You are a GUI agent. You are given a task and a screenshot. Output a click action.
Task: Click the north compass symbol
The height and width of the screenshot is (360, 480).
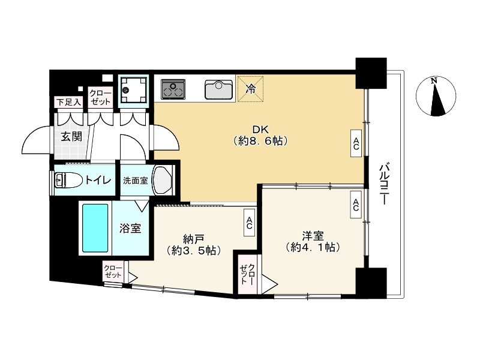pos(436,96)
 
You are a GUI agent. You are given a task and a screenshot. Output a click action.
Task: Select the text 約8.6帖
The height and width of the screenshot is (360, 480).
pos(260,142)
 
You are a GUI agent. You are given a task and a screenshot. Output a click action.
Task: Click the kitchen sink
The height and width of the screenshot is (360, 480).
pos(218,89)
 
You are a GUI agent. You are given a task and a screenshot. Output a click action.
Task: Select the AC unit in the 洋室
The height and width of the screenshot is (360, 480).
pos(356,205)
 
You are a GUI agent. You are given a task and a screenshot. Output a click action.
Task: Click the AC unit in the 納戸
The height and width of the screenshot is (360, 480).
pos(248,223)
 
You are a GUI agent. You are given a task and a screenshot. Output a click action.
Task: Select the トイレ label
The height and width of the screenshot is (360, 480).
pos(97,179)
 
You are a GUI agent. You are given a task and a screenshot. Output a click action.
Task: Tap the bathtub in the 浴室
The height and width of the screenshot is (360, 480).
pos(94,229)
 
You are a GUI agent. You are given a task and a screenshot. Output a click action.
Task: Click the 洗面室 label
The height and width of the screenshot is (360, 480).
pos(136,181)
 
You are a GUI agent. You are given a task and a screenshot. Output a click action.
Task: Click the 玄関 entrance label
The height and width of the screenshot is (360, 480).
pos(70,136)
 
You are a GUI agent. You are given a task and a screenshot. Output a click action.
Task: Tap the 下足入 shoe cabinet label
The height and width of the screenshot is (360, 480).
pos(68,103)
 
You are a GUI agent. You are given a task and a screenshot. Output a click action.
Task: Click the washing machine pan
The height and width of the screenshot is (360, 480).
pos(132,91)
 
